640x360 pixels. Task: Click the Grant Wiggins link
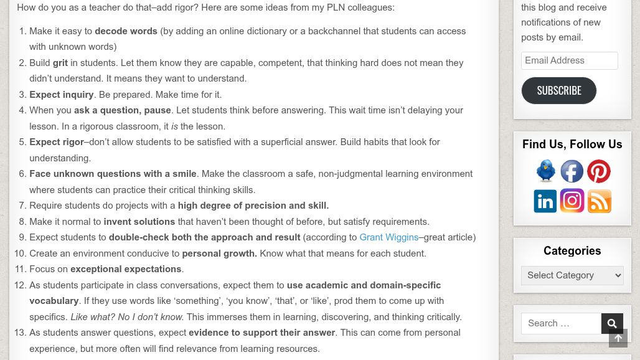pos(388,237)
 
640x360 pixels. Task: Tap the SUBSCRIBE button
pos(558,90)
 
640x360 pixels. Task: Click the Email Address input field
pos(569,60)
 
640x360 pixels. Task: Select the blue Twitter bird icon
pos(546,171)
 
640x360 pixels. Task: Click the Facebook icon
pos(572,171)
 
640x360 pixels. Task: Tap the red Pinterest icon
pos(599,171)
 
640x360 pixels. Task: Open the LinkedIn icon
pos(545,201)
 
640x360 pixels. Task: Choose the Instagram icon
pos(572,201)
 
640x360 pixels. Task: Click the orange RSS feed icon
pos(600,201)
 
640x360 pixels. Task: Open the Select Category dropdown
pos(572,275)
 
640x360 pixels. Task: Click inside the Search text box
pos(561,323)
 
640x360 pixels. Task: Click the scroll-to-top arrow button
pos(618,338)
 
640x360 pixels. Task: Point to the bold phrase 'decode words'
pos(126,31)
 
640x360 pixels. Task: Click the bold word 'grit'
pos(60,63)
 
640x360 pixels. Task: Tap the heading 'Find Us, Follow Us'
pos(572,144)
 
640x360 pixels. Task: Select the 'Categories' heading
pos(572,251)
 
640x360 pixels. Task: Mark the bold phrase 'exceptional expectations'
pos(126,269)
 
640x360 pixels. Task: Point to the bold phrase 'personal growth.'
pos(219,253)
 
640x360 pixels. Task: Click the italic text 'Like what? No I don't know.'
pos(127,317)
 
